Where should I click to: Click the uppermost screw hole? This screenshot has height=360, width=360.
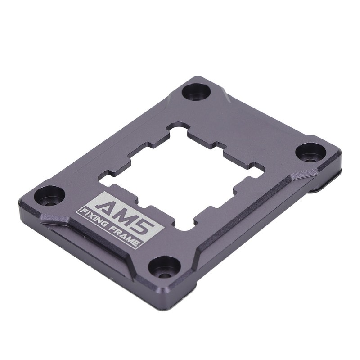point(197,93)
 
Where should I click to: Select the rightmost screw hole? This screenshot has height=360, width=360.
point(311,152)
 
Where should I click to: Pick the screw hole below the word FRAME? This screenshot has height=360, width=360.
point(164,267)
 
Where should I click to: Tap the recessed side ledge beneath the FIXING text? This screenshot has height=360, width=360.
point(81,243)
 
